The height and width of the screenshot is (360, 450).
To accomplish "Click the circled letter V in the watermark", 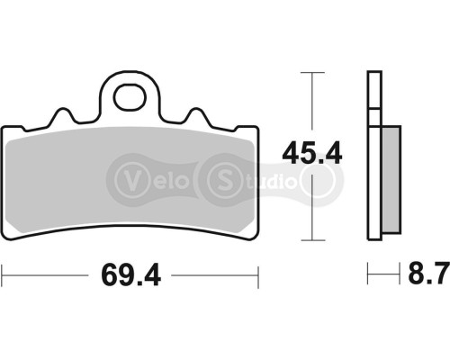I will pyautogui.click(x=130, y=175).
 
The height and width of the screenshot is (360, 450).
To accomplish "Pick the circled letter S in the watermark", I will pyautogui.click(x=219, y=175).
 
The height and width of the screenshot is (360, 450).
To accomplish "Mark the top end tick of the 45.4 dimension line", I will pyautogui.click(x=311, y=73).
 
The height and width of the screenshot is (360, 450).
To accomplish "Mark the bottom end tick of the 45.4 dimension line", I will pyautogui.click(x=311, y=241).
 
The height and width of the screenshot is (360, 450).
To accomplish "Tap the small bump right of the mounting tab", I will pyautogui.click(x=198, y=114).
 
